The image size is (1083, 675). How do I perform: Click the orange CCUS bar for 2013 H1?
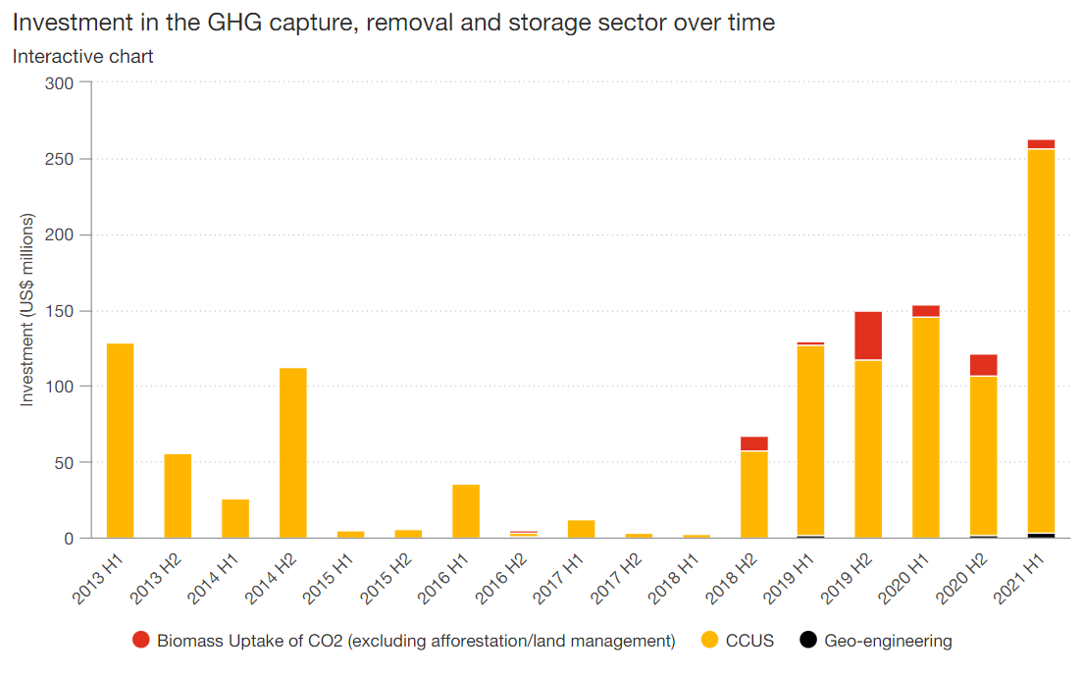120,441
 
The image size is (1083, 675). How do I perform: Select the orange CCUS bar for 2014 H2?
292,452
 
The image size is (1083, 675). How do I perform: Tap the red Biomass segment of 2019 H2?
868,336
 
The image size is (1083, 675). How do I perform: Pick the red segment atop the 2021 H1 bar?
1041,144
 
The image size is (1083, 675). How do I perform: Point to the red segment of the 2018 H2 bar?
753,443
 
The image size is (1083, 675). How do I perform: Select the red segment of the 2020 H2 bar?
983,365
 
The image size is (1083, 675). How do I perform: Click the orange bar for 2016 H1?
466,511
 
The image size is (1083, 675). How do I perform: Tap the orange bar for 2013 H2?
178,495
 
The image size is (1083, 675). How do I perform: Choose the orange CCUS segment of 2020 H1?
926,427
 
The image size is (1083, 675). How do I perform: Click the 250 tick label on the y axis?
61,159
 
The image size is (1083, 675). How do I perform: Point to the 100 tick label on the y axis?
61,387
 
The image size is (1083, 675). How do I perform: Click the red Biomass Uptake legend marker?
141,641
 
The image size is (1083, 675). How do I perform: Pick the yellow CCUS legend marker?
710,641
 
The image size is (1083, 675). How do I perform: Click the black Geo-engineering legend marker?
808,641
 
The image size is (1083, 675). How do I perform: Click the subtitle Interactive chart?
83,56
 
